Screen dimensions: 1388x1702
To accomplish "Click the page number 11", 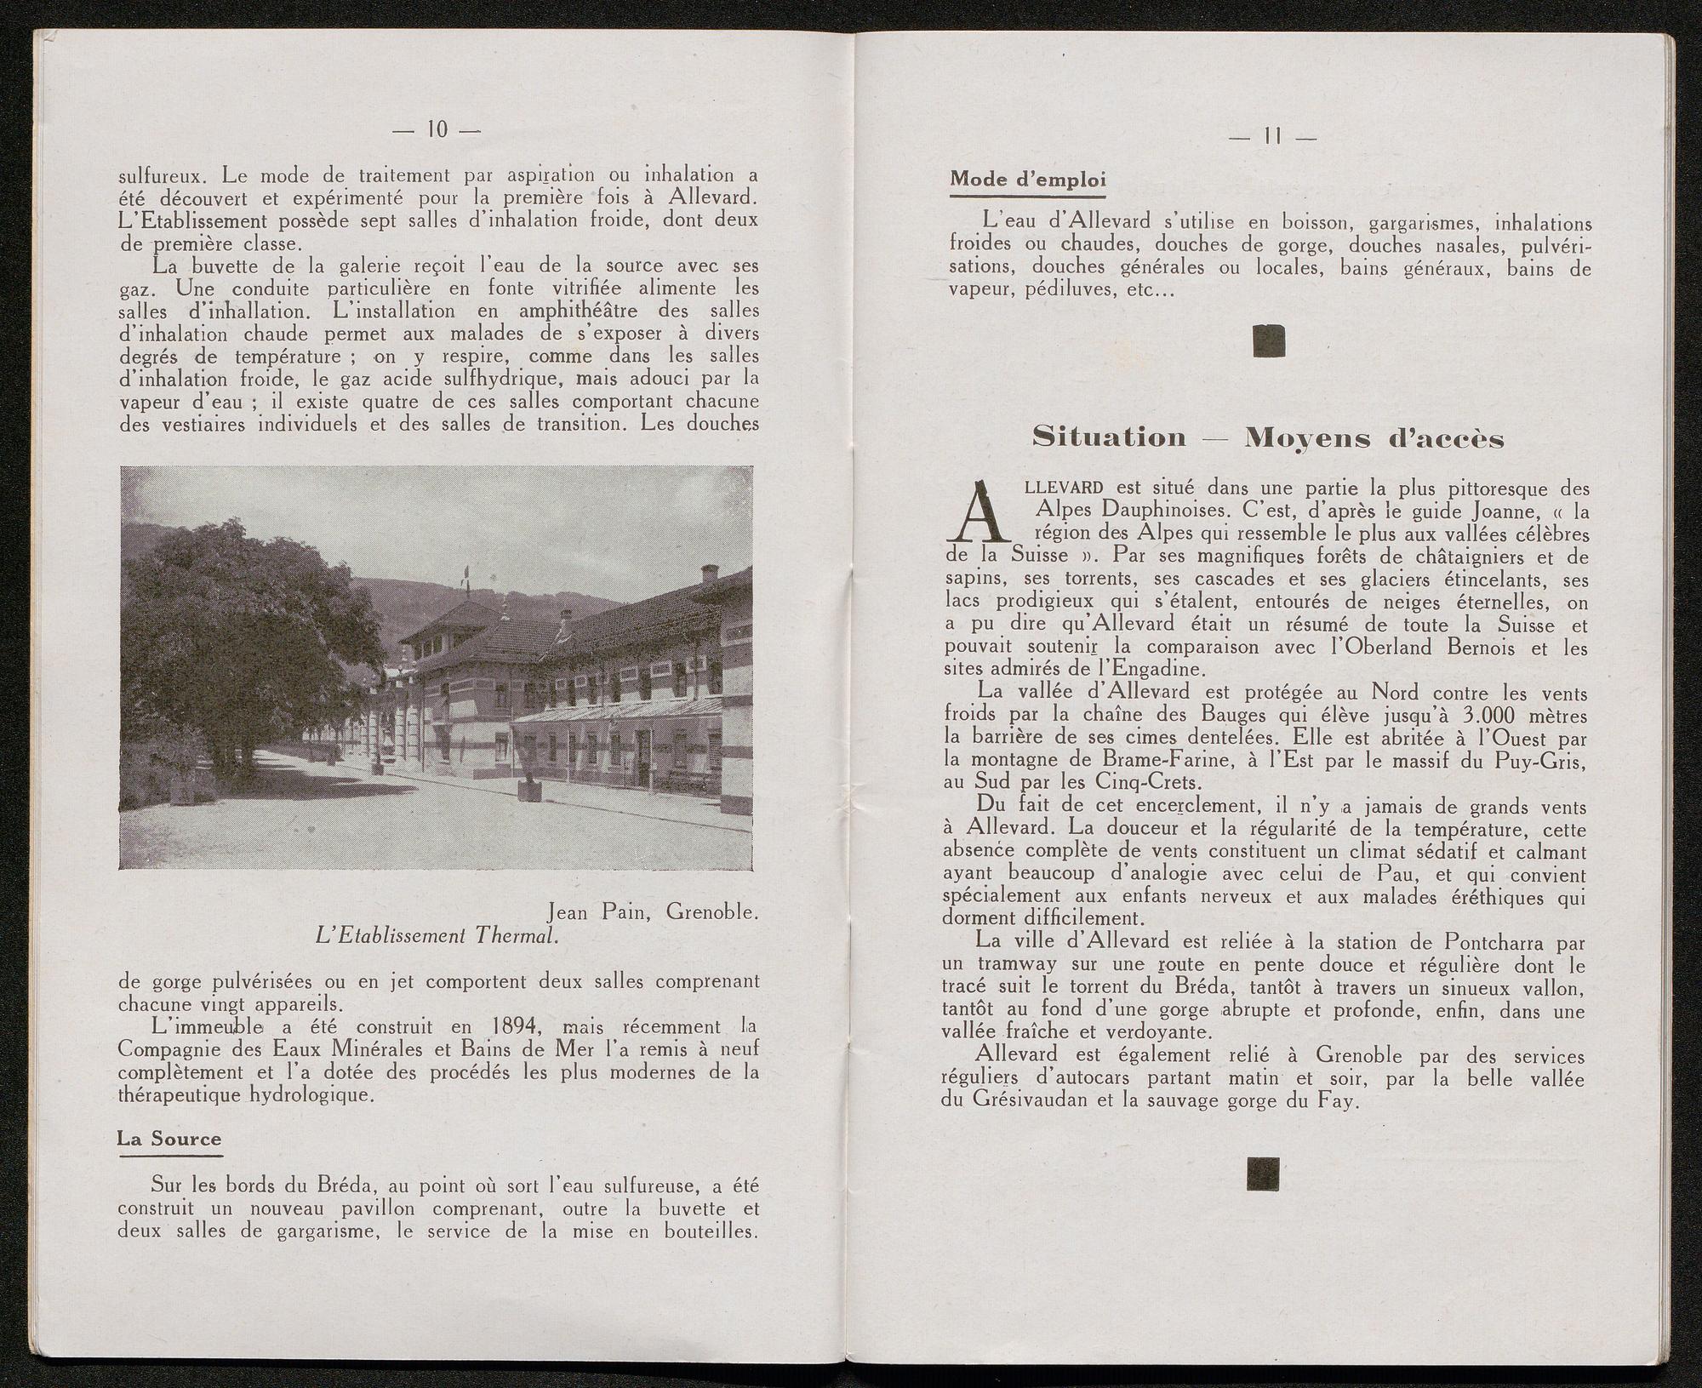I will pos(1273,136).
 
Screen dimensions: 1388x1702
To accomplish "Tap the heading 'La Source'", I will pos(168,1139).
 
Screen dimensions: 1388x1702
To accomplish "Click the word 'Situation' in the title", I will pos(1108,437).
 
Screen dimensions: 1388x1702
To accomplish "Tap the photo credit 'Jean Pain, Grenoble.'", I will pos(653,912).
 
